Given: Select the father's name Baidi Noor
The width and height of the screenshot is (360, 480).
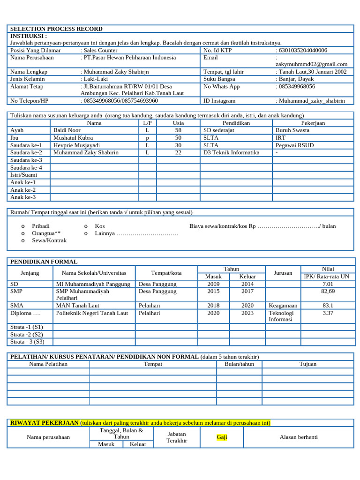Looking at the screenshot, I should (67, 130).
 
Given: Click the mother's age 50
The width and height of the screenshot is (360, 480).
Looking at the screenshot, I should (178, 137).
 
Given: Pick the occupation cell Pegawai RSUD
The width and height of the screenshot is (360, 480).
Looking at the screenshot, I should (294, 145).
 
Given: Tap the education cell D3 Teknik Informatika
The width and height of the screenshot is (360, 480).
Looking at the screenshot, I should (231, 152).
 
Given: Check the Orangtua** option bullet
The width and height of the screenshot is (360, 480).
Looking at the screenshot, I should (23, 233).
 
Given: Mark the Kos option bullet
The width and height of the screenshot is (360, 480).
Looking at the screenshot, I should (86, 226).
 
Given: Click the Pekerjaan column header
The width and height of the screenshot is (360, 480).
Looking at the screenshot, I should (313, 123).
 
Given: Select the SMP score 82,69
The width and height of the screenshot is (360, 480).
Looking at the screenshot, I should (328, 291).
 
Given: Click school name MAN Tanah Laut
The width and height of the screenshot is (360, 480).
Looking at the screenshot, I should (77, 305).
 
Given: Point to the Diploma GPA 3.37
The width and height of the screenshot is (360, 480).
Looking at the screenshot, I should (328, 313).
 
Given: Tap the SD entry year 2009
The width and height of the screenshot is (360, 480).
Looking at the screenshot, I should (213, 284).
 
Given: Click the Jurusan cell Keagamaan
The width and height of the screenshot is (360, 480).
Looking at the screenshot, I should (283, 305).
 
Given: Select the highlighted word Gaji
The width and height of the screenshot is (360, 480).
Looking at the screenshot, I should (222, 437).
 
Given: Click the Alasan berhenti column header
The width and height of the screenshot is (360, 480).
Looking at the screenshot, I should (299, 437).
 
